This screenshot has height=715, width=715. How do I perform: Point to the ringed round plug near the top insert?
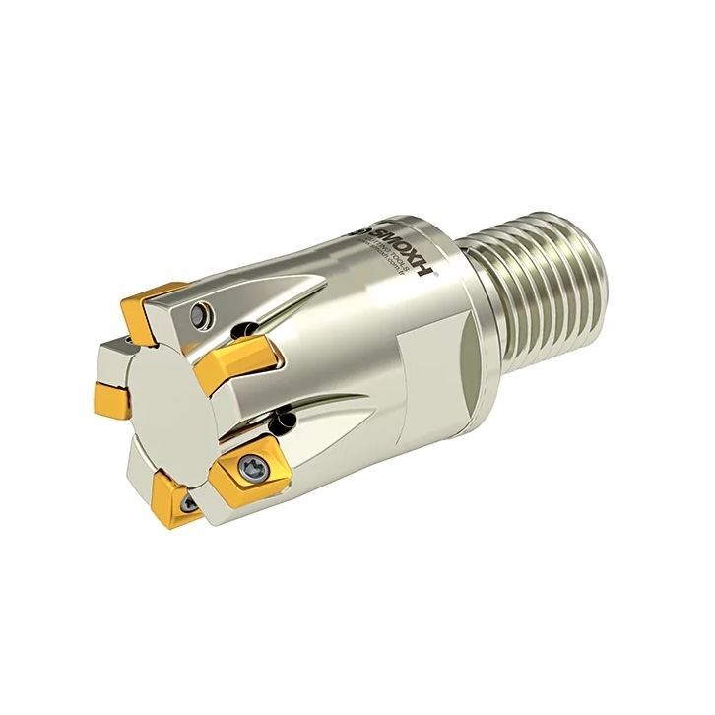(200, 314)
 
